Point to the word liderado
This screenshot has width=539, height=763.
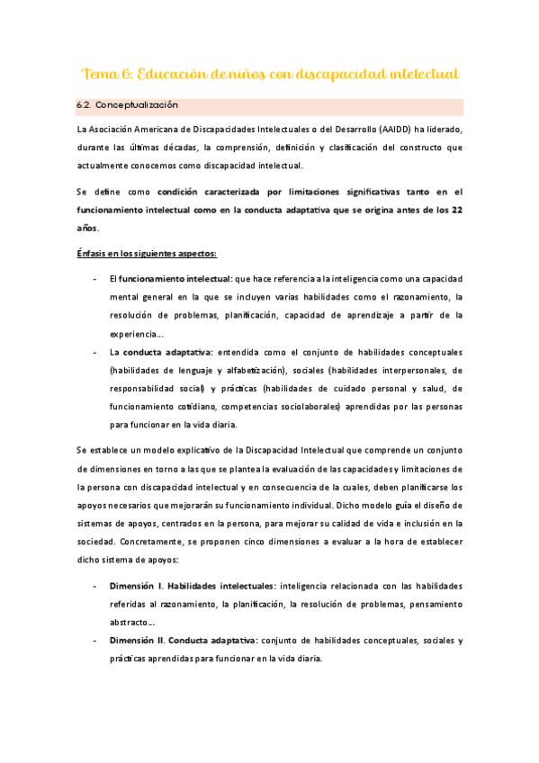coord(440,130)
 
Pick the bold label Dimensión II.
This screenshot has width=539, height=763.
coord(141,641)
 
